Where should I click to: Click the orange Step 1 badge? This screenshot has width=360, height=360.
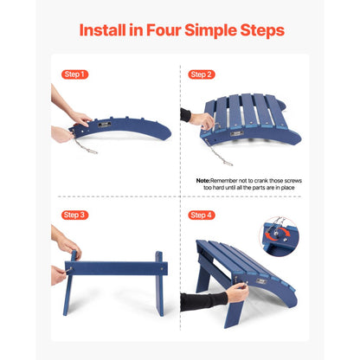(75, 74)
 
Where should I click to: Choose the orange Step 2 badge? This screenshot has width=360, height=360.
(202, 74)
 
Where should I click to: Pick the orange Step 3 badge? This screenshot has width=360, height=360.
(75, 215)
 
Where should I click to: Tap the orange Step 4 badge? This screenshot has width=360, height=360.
(202, 215)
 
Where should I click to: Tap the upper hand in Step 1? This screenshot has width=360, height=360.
(77, 115)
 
